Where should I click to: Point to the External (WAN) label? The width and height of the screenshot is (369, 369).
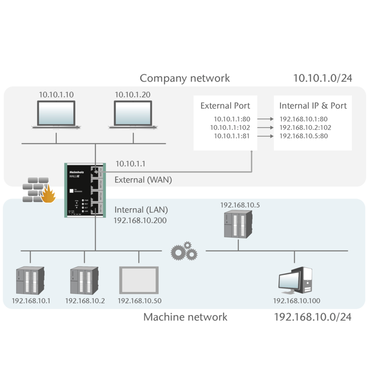point(143,180)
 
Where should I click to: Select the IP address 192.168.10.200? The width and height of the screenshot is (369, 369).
point(140,220)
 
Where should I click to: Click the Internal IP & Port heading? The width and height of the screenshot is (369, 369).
point(313,106)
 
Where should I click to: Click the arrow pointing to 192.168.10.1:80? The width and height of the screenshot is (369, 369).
point(265,119)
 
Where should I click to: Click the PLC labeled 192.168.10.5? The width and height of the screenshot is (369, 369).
point(238,225)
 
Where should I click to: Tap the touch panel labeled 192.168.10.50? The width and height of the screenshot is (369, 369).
point(138,280)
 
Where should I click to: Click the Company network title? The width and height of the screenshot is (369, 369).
point(184,78)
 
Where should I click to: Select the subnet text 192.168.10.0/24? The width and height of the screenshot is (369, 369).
point(313,317)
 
